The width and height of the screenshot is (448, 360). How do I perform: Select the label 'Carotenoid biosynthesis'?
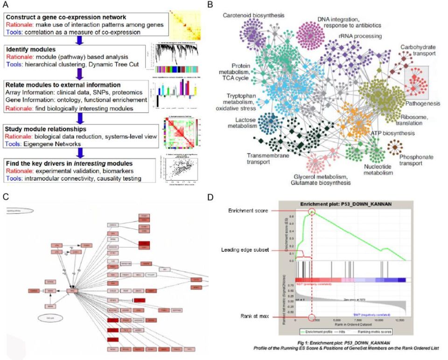click(x=253, y=15)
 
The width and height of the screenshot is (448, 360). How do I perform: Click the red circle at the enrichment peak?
click(x=312, y=212)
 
